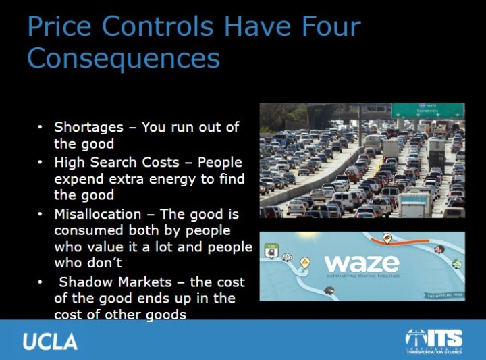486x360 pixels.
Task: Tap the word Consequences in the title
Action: pyautogui.click(x=124, y=58)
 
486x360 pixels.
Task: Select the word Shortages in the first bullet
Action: pyautogui.click(x=89, y=127)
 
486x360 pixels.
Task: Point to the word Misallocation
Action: pyautogui.click(x=99, y=213)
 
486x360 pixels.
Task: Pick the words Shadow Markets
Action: pyautogui.click(x=120, y=282)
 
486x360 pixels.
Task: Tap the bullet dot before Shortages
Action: pyautogui.click(x=40, y=127)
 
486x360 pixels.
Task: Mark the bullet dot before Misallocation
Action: pyautogui.click(x=40, y=213)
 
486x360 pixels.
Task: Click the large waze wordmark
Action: pyautogui.click(x=361, y=263)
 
